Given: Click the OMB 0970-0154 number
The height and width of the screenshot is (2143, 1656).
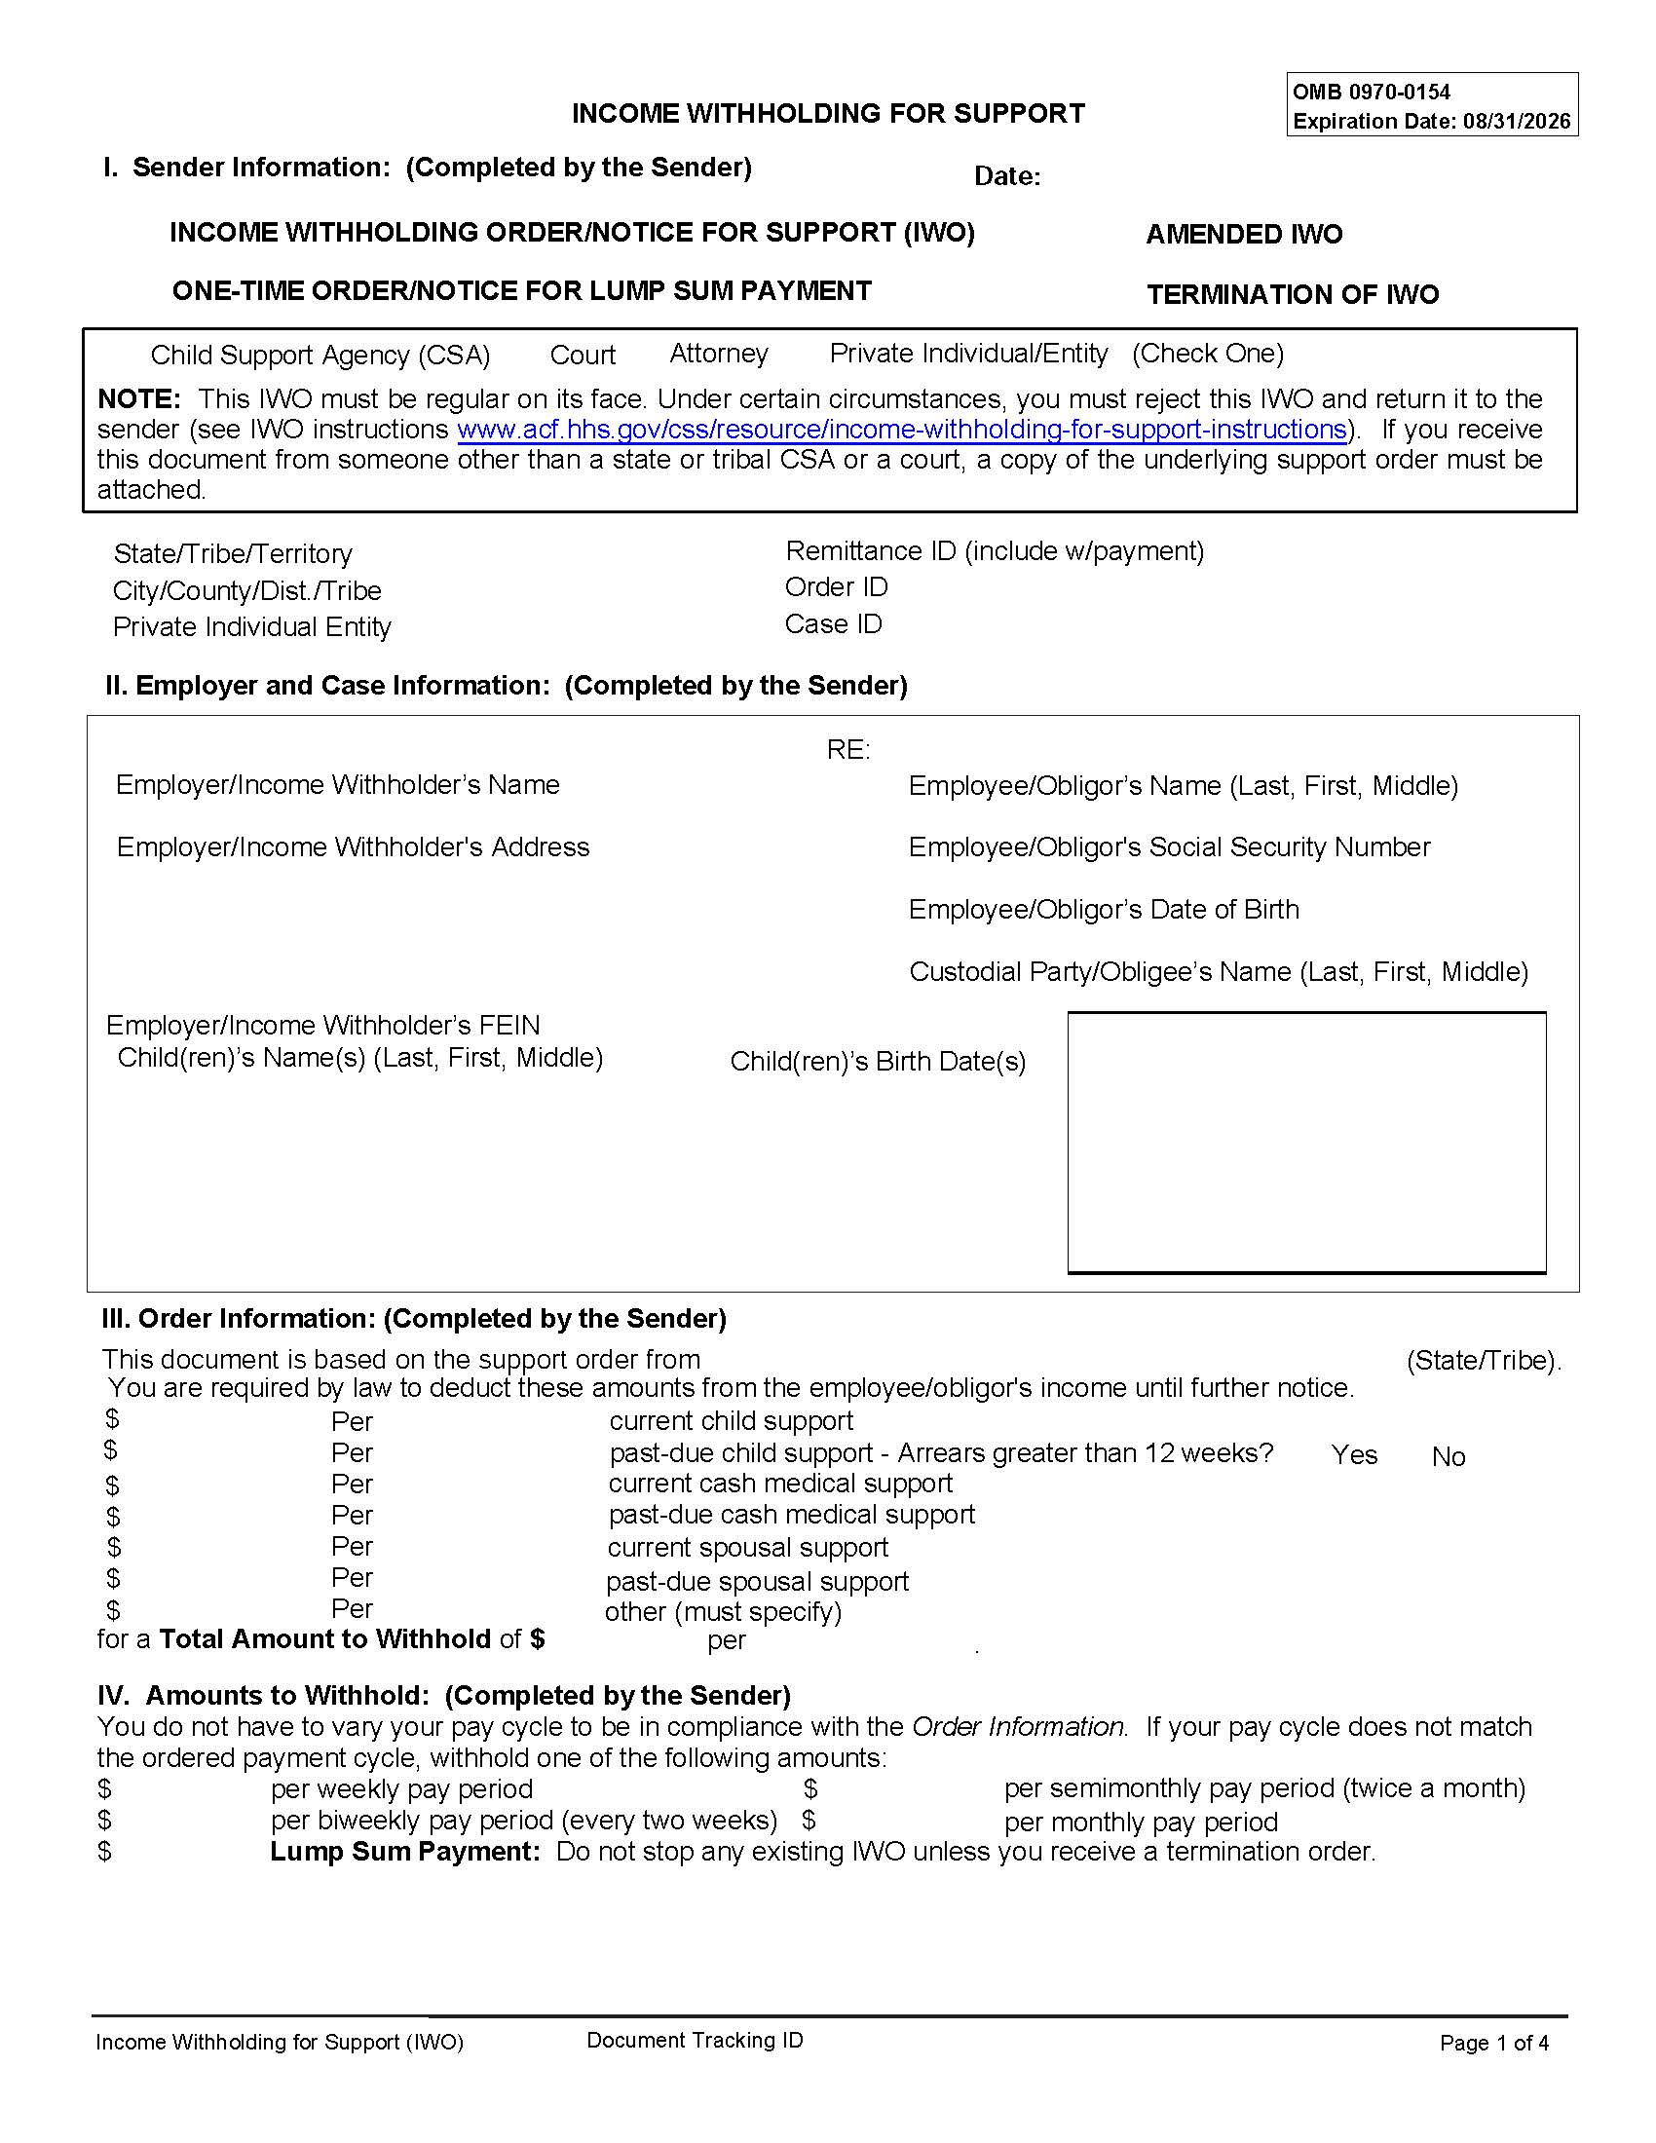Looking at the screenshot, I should click(x=1371, y=93).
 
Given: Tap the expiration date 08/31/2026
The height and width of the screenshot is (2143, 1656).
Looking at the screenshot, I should click(x=1517, y=122).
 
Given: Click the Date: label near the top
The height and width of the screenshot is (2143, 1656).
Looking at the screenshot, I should click(x=1006, y=176).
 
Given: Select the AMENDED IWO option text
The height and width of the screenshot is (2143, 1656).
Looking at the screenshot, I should click(x=1243, y=235).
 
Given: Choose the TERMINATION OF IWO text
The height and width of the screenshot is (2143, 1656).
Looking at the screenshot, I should click(x=1292, y=294).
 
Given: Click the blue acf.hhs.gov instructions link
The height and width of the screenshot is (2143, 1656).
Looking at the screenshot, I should click(x=901, y=430).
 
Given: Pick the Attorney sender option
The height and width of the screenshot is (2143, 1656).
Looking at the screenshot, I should click(x=718, y=354).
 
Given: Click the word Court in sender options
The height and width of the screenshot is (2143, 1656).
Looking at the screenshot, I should click(x=582, y=356).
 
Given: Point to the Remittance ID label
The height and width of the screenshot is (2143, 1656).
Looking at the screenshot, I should click(x=994, y=551).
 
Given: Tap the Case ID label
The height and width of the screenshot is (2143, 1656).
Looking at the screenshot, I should click(x=833, y=624).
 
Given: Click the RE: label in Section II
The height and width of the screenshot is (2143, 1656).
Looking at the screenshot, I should click(x=847, y=750).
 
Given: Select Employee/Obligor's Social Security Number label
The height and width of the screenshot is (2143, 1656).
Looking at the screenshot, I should click(x=1168, y=846).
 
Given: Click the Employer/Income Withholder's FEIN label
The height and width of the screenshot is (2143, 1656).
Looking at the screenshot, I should click(x=322, y=1026).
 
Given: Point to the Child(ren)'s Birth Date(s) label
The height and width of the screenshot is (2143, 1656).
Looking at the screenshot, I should click(x=877, y=1062).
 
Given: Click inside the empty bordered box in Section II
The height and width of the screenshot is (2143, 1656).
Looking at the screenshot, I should click(x=1305, y=1143).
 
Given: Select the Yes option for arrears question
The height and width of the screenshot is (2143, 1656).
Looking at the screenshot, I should click(x=1353, y=1455).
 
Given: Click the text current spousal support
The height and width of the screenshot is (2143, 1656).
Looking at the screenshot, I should click(x=747, y=1548).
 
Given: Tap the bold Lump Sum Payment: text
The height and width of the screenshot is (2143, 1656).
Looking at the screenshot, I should click(x=404, y=1852).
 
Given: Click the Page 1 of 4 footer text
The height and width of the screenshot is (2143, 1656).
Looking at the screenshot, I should click(x=1493, y=2043).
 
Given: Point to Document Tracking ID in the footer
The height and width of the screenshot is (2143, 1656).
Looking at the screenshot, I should click(x=695, y=2040).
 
